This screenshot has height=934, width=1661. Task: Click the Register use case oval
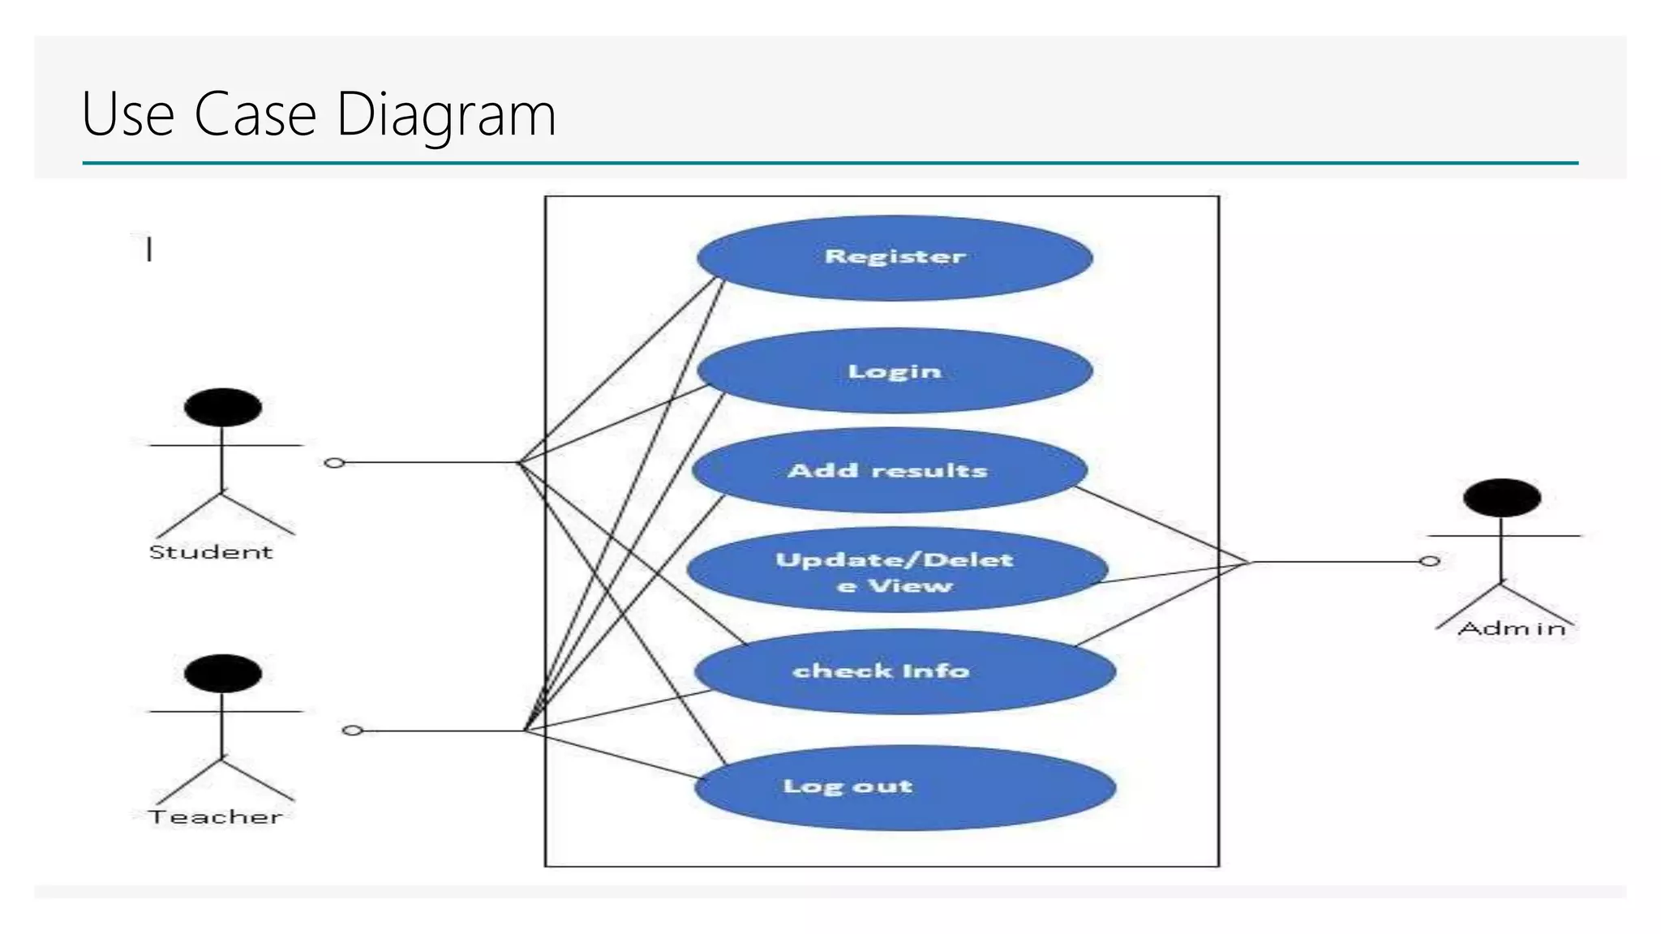click(x=895, y=258)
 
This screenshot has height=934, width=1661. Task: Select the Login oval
click(x=895, y=371)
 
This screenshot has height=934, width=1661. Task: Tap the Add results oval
click(x=889, y=471)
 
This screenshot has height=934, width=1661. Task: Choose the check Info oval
click(x=904, y=671)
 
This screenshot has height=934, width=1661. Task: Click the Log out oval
click(x=904, y=787)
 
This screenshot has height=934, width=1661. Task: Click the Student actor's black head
click(x=222, y=407)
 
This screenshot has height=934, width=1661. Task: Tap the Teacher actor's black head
click(x=222, y=673)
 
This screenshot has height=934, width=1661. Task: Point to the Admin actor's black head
click(x=1501, y=498)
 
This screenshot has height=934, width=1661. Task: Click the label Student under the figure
click(x=211, y=552)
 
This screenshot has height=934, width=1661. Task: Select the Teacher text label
click(x=216, y=817)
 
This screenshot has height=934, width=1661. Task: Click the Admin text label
click(x=1512, y=628)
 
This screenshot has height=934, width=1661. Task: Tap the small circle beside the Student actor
click(x=334, y=463)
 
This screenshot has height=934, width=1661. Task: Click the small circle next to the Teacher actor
click(x=352, y=730)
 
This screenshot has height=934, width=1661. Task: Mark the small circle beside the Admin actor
click(x=1430, y=561)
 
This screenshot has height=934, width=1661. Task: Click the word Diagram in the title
click(x=446, y=114)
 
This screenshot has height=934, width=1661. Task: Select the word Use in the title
click(x=128, y=114)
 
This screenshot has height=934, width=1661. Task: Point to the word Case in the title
click(x=255, y=114)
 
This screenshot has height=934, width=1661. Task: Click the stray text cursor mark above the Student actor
click(x=149, y=248)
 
